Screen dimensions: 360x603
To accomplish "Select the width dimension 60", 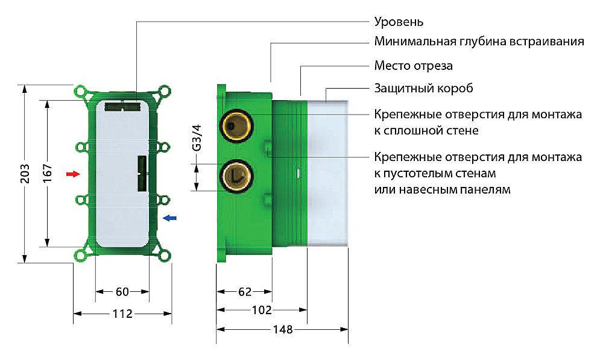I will [x=122, y=292].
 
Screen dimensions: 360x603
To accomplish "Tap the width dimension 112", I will [x=122, y=314].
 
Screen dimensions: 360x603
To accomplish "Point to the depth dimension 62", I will [x=244, y=292].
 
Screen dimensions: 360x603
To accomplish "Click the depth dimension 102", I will [x=262, y=311].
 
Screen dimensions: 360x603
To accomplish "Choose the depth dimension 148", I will [x=282, y=330].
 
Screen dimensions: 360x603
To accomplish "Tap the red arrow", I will [x=72, y=174].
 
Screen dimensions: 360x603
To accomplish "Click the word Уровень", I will [x=399, y=22].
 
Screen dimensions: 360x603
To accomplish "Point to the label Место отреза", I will [x=413, y=65].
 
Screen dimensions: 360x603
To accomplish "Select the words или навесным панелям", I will [x=442, y=189].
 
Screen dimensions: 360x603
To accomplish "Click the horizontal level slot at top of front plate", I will [x=122, y=107].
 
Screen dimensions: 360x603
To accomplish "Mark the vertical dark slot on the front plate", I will [x=142, y=173].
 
